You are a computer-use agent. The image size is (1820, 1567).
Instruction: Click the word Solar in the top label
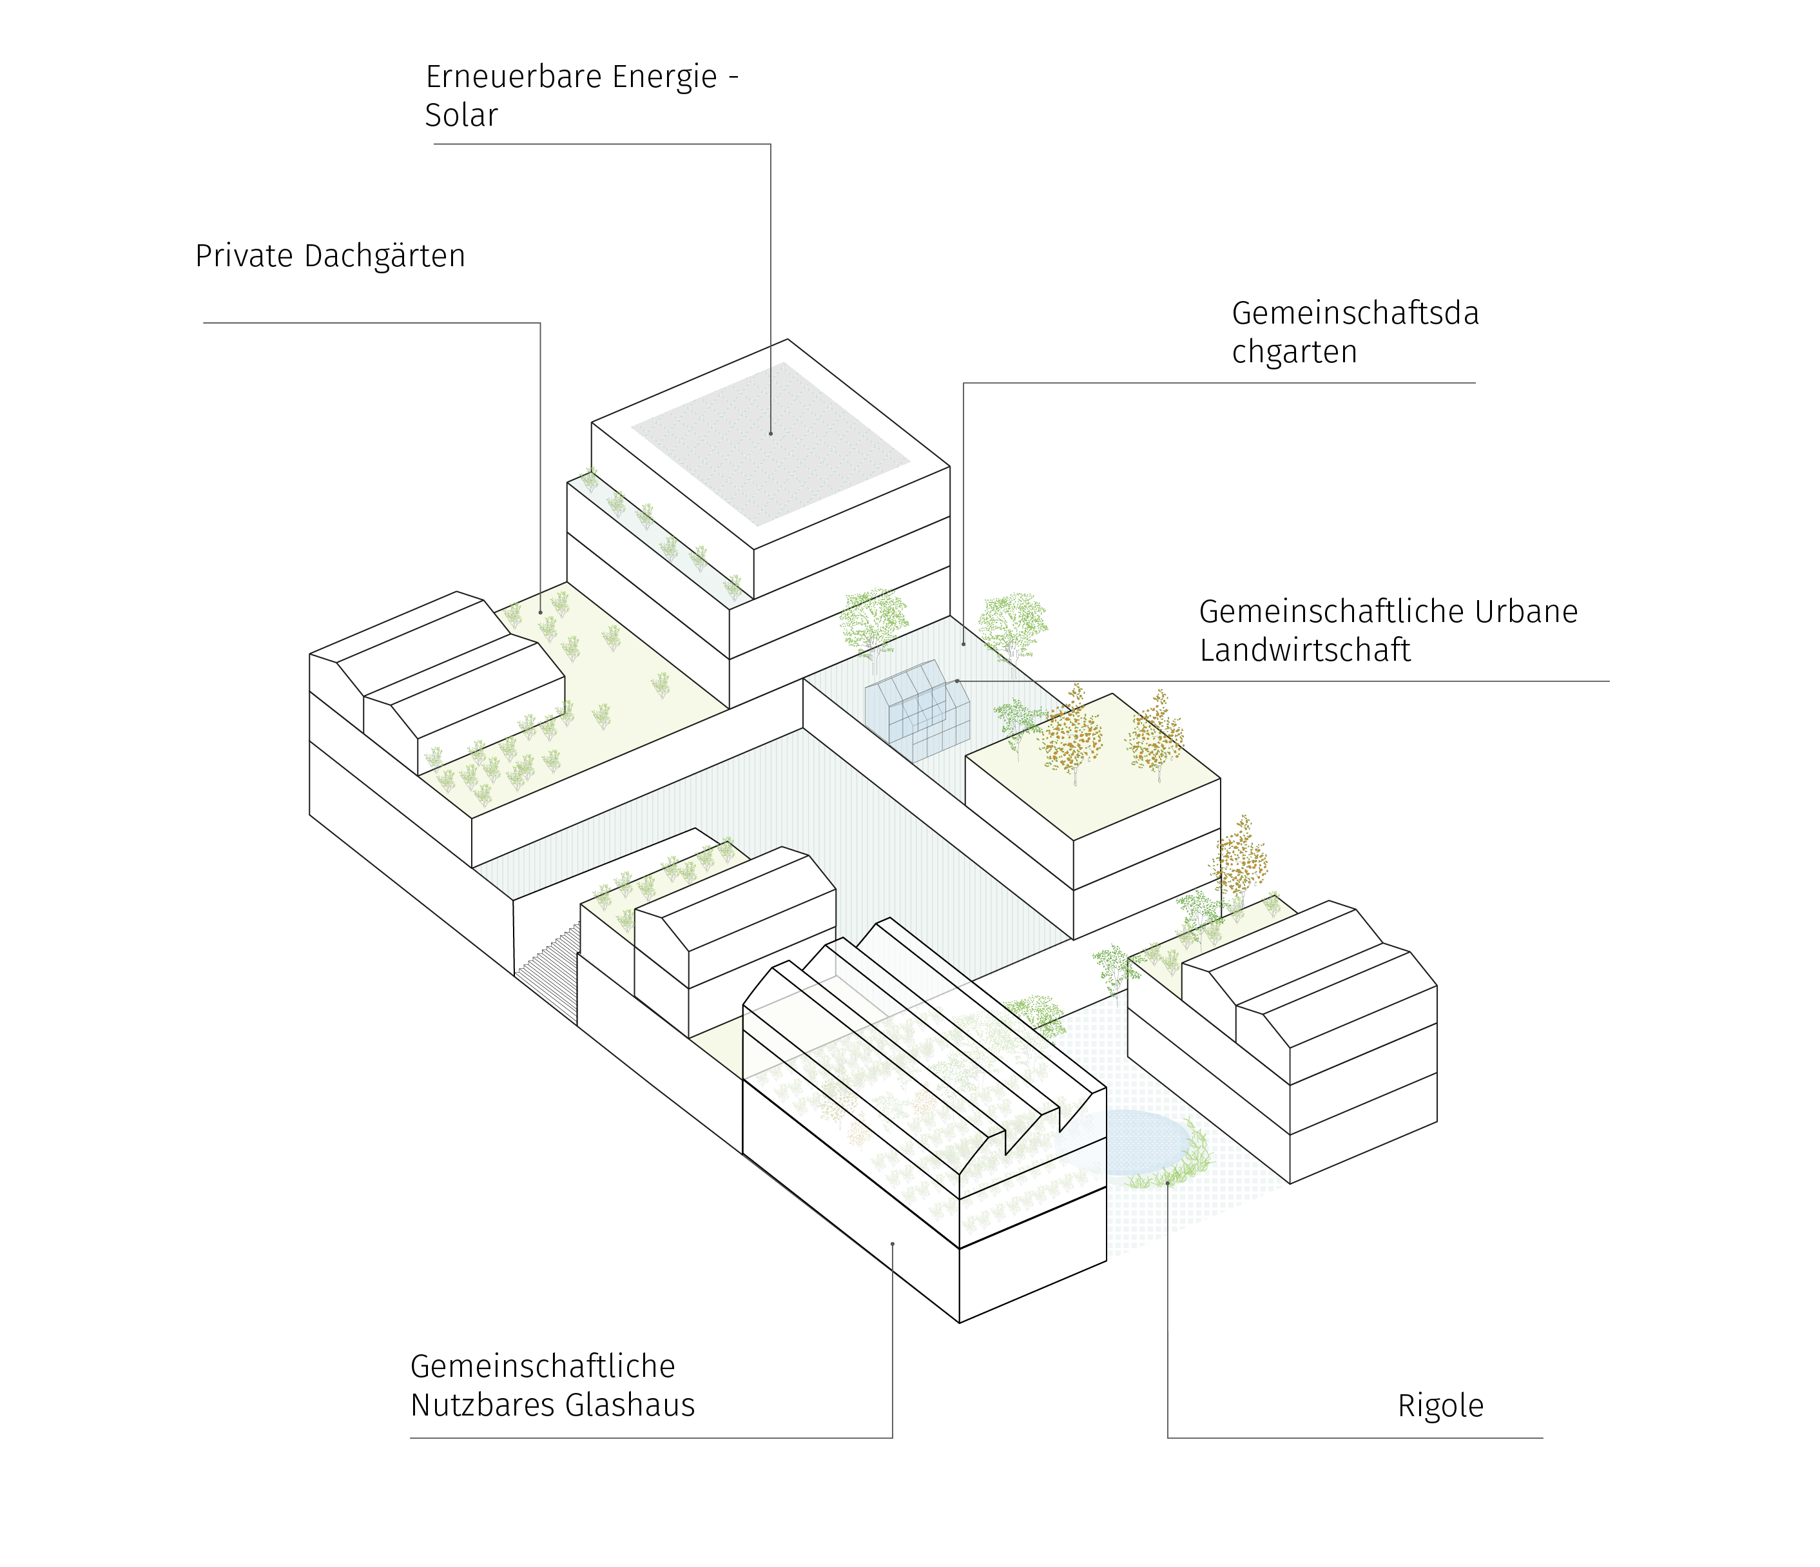[461, 115]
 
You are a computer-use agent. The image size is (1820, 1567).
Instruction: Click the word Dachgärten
[385, 256]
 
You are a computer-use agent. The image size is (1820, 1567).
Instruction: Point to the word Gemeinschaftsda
[1355, 313]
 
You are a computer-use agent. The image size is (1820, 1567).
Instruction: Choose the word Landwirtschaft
[1304, 650]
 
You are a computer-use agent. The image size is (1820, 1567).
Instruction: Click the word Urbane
[1525, 611]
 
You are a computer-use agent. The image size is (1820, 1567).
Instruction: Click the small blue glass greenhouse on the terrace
[917, 710]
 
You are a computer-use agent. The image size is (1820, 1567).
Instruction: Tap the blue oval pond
[1130, 1142]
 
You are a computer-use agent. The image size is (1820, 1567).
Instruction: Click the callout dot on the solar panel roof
[770, 434]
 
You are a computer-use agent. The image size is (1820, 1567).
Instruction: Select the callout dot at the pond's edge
[1167, 1182]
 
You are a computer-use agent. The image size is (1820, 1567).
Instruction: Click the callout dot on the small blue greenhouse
[956, 681]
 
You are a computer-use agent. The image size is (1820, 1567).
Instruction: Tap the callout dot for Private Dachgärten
[540, 612]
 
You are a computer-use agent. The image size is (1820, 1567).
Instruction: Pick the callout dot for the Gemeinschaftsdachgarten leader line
[963, 645]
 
